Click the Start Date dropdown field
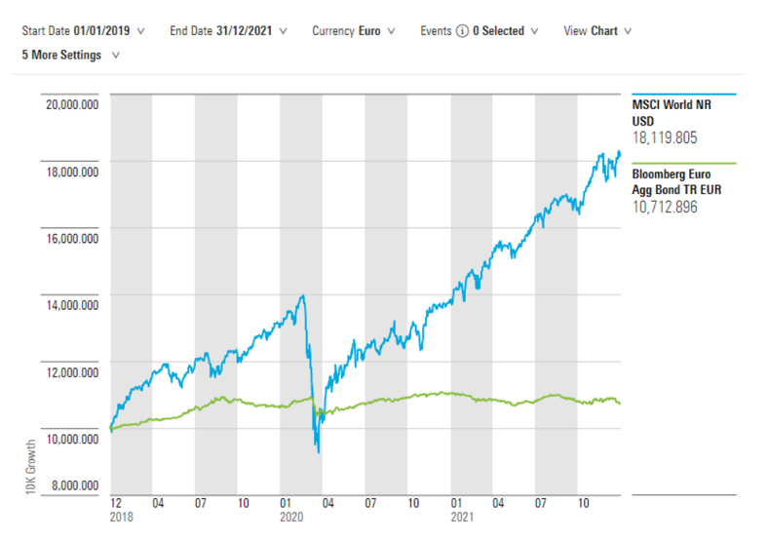[x=83, y=30]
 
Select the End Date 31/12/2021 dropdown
[x=228, y=30]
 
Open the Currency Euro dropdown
[x=353, y=30]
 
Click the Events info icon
[x=461, y=30]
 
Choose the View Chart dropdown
[x=597, y=30]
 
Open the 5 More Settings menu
[x=70, y=55]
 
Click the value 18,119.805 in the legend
[x=666, y=138]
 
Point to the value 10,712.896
[x=666, y=207]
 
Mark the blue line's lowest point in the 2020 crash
[x=318, y=450]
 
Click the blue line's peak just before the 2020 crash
[x=304, y=295]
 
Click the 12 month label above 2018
[x=117, y=504]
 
